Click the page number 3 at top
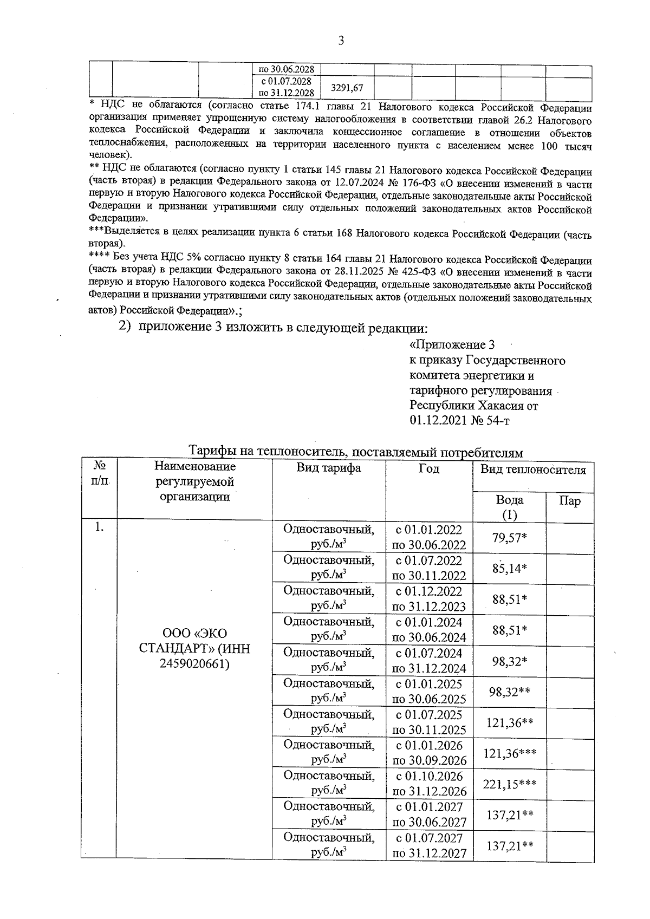coord(341,41)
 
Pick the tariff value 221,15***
coord(509,783)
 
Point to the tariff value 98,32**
coord(509,691)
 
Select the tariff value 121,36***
coord(509,752)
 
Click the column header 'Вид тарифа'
coord(328,468)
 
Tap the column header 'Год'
coord(428,468)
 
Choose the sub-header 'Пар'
coord(569,500)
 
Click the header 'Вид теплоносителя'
coord(533,470)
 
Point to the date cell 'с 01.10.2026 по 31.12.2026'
coord(428,783)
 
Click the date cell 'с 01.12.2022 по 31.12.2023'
coord(428,598)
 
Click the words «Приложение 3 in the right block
coord(452,345)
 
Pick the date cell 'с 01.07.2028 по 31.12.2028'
coord(285,87)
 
